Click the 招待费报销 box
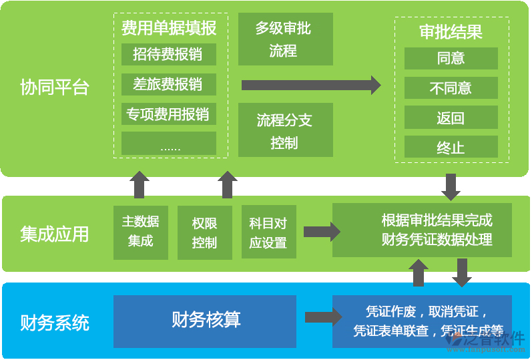pyautogui.click(x=168, y=54)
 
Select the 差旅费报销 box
pyautogui.click(x=168, y=84)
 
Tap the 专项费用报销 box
pyautogui.click(x=168, y=114)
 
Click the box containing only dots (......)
pyautogui.click(x=168, y=144)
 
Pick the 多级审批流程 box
pyautogui.click(x=285, y=39)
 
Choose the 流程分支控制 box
pyautogui.click(x=285, y=132)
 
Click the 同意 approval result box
pyautogui.click(x=451, y=58)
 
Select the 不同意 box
pyautogui.click(x=451, y=88)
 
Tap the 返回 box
pyautogui.click(x=451, y=118)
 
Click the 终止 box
pyautogui.click(x=451, y=148)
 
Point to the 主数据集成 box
pyautogui.click(x=141, y=232)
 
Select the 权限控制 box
pyautogui.click(x=204, y=232)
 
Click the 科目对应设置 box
pyautogui.click(x=268, y=232)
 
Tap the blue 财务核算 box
pyautogui.click(x=205, y=321)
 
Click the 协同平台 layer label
pyautogui.click(x=55, y=87)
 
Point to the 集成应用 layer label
pyautogui.click(x=55, y=234)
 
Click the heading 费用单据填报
pyautogui.click(x=169, y=28)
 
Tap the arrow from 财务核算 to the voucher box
pyautogui.click(x=321, y=317)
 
